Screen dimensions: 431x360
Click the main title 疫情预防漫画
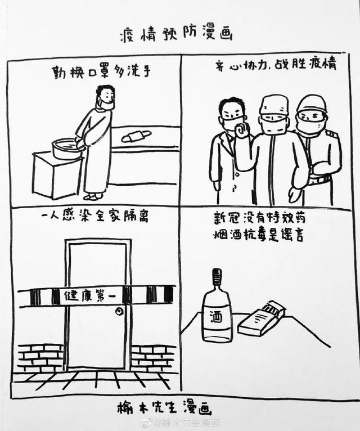pos(175,34)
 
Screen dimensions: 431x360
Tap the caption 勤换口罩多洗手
pos(102,72)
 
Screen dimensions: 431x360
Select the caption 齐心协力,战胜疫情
pos(275,65)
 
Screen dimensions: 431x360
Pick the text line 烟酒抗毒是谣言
pos(259,235)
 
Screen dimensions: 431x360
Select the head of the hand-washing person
pos(104,97)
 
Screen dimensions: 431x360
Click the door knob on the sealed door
pos(119,309)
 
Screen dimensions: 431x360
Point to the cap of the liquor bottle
pos(217,275)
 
